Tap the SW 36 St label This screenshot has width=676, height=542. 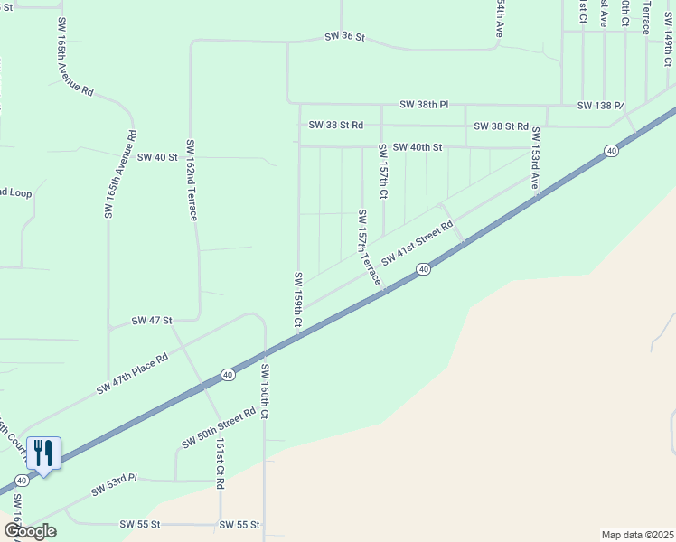[x=344, y=38]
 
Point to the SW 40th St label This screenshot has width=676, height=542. [x=417, y=147]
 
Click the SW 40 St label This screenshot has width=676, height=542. [x=153, y=157]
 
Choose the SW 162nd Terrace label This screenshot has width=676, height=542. [x=192, y=181]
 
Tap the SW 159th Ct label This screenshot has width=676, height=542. [x=296, y=299]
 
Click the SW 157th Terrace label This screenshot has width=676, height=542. [x=368, y=247]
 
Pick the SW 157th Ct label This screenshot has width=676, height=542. [x=382, y=172]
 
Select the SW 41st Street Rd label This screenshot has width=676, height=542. [x=417, y=242]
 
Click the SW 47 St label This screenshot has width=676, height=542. [x=152, y=321]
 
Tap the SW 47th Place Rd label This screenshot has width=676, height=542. [x=132, y=375]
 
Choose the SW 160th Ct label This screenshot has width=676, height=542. [x=265, y=391]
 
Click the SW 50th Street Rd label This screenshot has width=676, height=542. [x=219, y=428]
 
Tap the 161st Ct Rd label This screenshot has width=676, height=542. [x=220, y=463]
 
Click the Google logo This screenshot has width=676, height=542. [x=30, y=531]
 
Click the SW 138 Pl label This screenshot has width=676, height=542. [x=600, y=106]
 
